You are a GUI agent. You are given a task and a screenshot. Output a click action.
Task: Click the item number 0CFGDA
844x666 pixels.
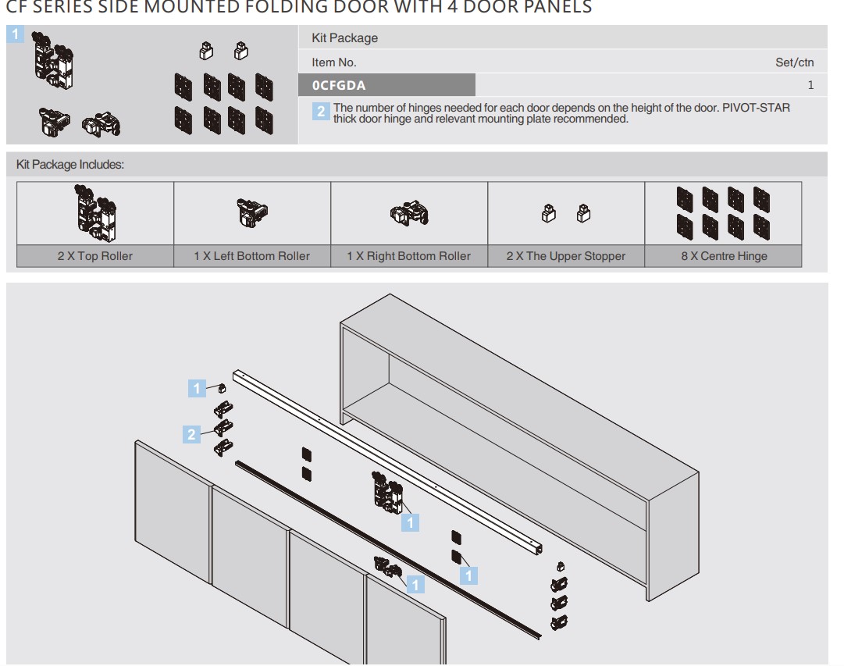[339, 85]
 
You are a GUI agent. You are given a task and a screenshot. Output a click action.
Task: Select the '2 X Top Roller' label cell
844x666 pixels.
[94, 256]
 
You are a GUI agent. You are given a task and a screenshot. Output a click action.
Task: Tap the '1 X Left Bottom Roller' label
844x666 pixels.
[252, 256]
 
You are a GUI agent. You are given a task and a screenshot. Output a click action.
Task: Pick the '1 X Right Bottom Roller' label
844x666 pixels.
[409, 256]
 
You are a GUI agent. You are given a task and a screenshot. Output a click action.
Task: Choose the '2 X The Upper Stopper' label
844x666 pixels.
[566, 256]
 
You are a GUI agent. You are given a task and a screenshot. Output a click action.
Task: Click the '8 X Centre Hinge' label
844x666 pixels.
[723, 256]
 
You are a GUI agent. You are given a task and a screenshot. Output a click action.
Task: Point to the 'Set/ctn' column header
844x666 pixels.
[794, 62]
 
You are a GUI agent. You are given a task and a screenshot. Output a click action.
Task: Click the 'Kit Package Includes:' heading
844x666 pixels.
[70, 165]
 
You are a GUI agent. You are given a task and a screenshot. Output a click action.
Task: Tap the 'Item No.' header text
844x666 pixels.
[333, 62]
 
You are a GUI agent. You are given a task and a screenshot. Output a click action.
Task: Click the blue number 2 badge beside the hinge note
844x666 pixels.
[321, 112]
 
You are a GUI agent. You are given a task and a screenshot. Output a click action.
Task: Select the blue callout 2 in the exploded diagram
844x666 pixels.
[193, 434]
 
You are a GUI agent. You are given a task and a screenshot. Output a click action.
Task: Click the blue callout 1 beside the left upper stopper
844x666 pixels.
[198, 387]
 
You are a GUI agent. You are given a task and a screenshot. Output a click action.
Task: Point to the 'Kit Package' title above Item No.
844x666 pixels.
[344, 38]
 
